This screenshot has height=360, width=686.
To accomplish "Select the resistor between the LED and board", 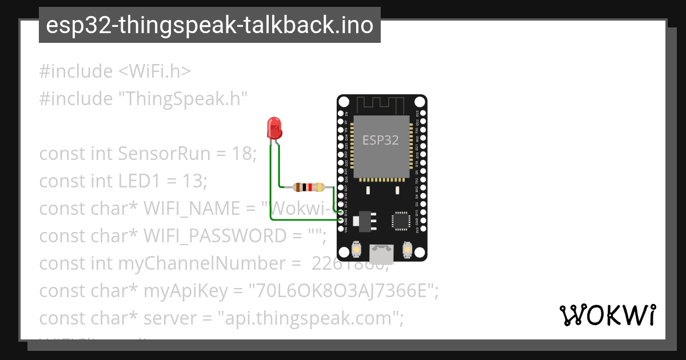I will coord(309,187).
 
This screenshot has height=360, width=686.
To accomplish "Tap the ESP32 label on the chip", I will coord(381,139).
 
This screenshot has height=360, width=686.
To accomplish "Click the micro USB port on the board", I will coord(381,251).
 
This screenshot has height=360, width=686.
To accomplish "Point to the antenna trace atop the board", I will coord(381,104).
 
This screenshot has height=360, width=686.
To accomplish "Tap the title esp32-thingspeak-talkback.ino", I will coord(209,25).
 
